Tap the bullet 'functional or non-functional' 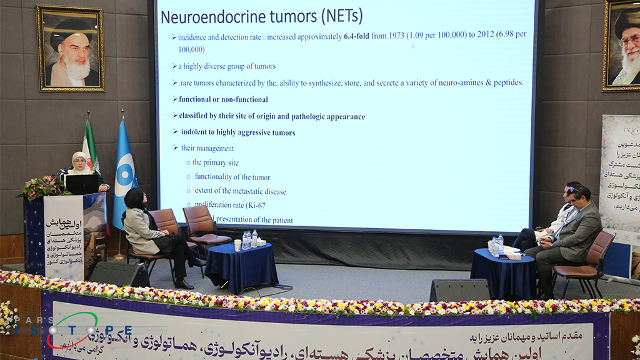223,99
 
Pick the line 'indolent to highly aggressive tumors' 237,132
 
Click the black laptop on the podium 81,184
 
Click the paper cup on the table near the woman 237,245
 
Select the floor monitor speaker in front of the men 460,290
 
